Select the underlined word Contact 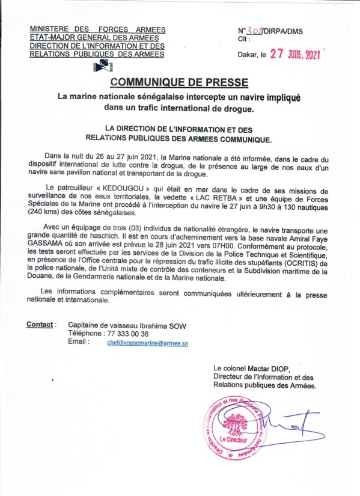40,325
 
